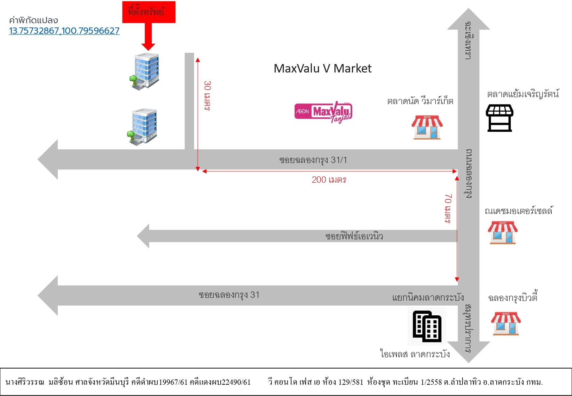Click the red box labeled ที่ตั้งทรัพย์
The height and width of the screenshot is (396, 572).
149,12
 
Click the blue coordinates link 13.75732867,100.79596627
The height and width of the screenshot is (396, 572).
64,31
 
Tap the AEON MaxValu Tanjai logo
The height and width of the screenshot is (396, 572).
323,112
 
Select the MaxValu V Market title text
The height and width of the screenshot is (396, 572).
322,68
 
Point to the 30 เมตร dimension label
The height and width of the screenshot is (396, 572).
207,96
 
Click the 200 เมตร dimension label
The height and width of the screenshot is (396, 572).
329,180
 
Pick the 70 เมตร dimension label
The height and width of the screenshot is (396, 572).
448,209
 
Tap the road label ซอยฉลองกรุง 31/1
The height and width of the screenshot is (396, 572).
313,160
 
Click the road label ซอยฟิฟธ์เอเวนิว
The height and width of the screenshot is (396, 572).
354,236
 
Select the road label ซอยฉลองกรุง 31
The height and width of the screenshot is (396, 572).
229,295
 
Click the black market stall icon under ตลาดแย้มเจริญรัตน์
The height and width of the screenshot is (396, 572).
499,118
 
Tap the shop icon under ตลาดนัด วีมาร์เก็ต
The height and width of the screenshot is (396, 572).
427,127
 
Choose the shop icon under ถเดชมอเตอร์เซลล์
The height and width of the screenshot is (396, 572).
503,233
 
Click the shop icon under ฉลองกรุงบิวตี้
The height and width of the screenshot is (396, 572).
505,323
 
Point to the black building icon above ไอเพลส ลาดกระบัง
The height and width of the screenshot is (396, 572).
427,326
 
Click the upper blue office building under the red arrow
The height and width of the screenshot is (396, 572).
145,71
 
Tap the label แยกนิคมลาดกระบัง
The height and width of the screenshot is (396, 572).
428,298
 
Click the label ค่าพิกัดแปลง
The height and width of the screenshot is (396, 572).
33,20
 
